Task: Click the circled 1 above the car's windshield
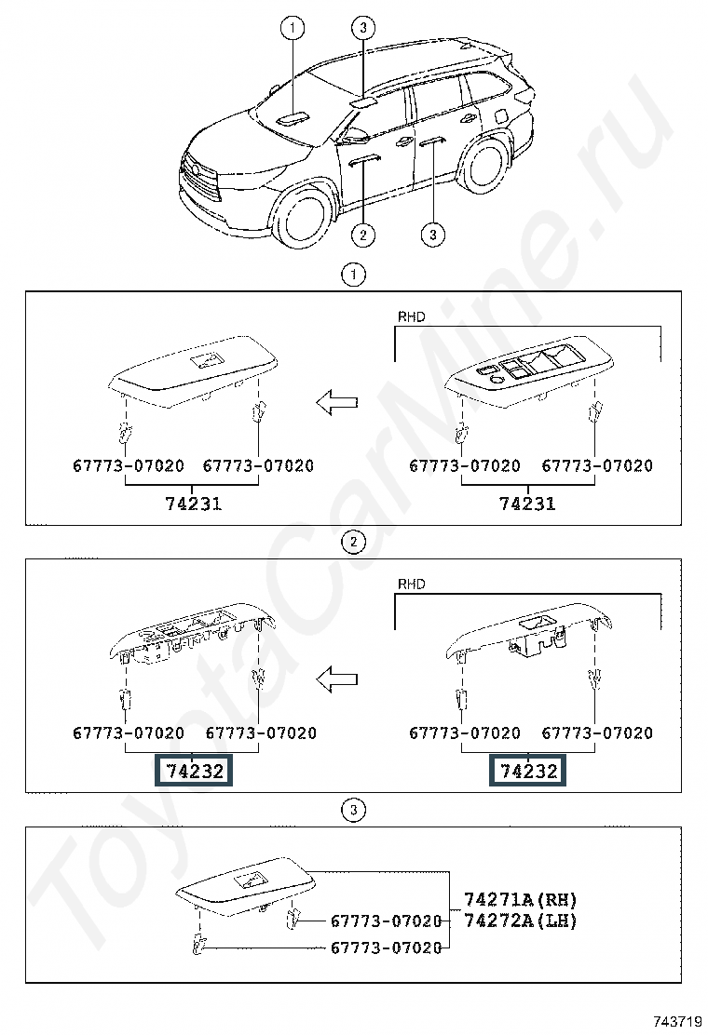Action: tap(293, 28)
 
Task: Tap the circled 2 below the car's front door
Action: tap(362, 235)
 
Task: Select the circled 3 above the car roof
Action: tap(362, 28)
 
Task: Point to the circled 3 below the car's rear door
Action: tap(432, 235)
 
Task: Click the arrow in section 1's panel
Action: tap(337, 403)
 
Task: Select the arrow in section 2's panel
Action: tap(337, 679)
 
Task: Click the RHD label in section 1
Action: tap(411, 316)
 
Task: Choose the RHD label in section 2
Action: tap(411, 585)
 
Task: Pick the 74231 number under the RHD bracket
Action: tap(527, 504)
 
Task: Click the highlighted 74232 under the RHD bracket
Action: tap(527, 771)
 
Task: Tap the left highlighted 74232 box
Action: tap(194, 771)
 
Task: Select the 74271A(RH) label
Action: tap(520, 899)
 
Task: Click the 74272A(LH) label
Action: tap(520, 921)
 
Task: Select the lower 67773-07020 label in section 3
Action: tap(386, 948)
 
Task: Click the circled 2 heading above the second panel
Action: tap(353, 542)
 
